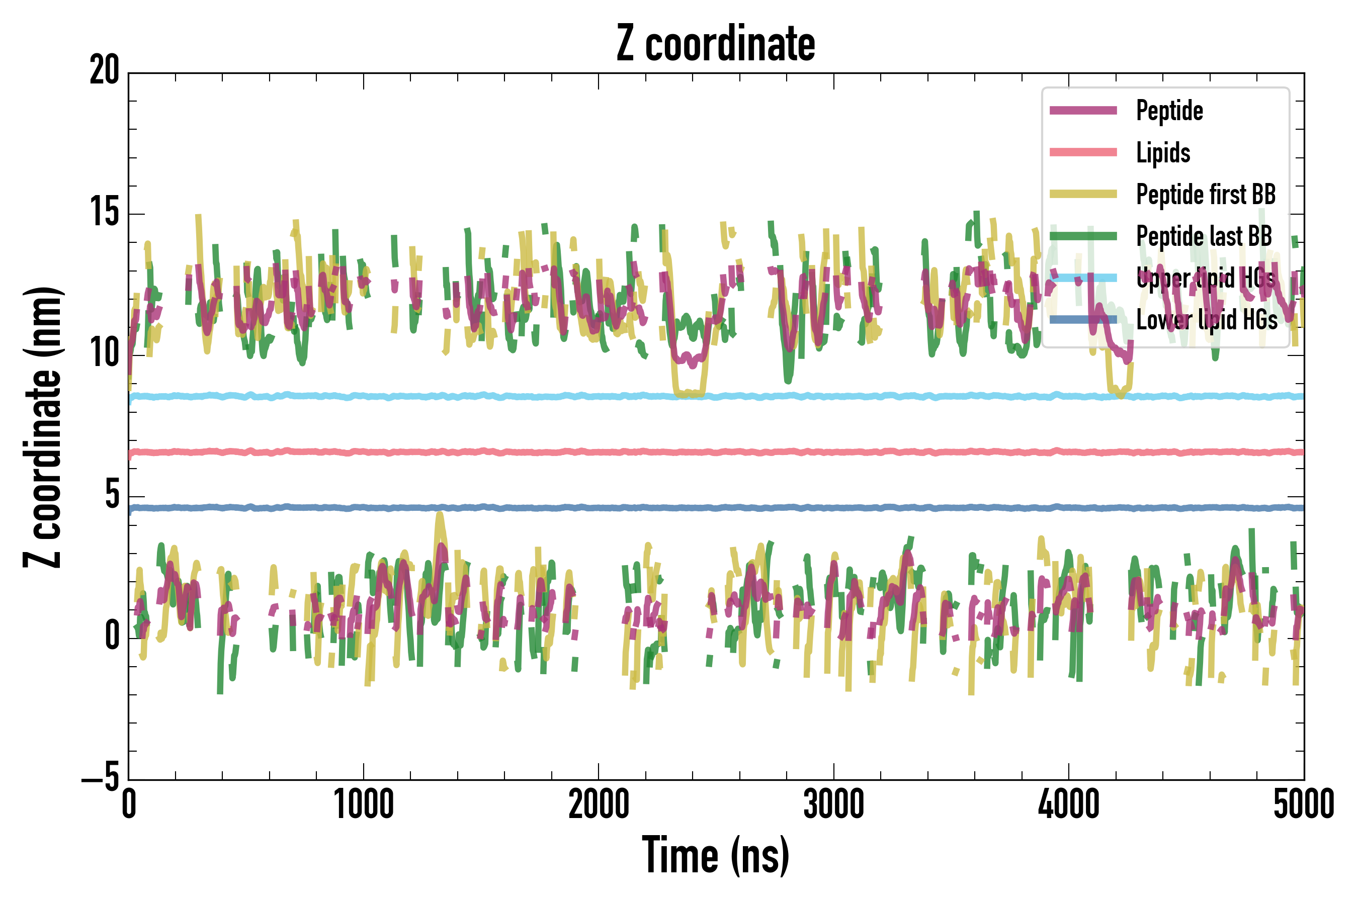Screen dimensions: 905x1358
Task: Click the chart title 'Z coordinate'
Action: [715, 44]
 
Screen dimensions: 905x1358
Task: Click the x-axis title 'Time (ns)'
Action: [715, 855]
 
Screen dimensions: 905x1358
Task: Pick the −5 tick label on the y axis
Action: [101, 778]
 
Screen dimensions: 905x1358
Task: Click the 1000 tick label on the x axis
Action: [364, 804]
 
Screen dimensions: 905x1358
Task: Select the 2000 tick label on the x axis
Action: [599, 804]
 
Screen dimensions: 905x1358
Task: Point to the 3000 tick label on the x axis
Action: [834, 804]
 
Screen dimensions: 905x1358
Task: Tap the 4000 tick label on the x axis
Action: [1069, 804]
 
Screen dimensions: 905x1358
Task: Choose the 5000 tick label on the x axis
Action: [1303, 804]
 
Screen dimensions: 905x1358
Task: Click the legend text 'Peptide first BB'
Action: [1206, 195]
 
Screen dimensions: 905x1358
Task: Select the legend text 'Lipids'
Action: [1163, 153]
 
